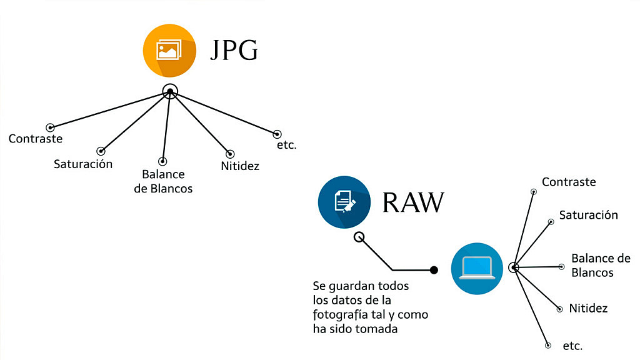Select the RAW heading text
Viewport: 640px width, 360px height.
(x=413, y=202)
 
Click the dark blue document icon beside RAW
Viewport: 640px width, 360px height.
(x=344, y=202)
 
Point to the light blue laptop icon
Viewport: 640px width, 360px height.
(x=477, y=268)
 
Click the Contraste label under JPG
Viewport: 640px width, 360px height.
(x=36, y=139)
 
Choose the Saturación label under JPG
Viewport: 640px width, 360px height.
(x=83, y=164)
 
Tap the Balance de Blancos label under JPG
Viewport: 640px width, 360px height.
(x=163, y=181)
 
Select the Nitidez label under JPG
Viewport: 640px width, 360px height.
(x=240, y=166)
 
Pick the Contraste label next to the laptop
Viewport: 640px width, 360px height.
(x=569, y=182)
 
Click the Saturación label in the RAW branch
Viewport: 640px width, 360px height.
(x=588, y=215)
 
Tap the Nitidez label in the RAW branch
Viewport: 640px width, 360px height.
(x=588, y=308)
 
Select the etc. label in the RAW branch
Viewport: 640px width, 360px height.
(x=572, y=346)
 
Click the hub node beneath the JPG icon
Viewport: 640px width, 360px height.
(x=169, y=91)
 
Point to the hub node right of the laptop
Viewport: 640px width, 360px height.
(x=514, y=267)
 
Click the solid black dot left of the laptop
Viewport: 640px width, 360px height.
(x=434, y=270)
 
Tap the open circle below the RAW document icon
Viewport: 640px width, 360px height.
(x=359, y=237)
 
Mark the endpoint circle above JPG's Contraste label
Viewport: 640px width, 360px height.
(x=51, y=127)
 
